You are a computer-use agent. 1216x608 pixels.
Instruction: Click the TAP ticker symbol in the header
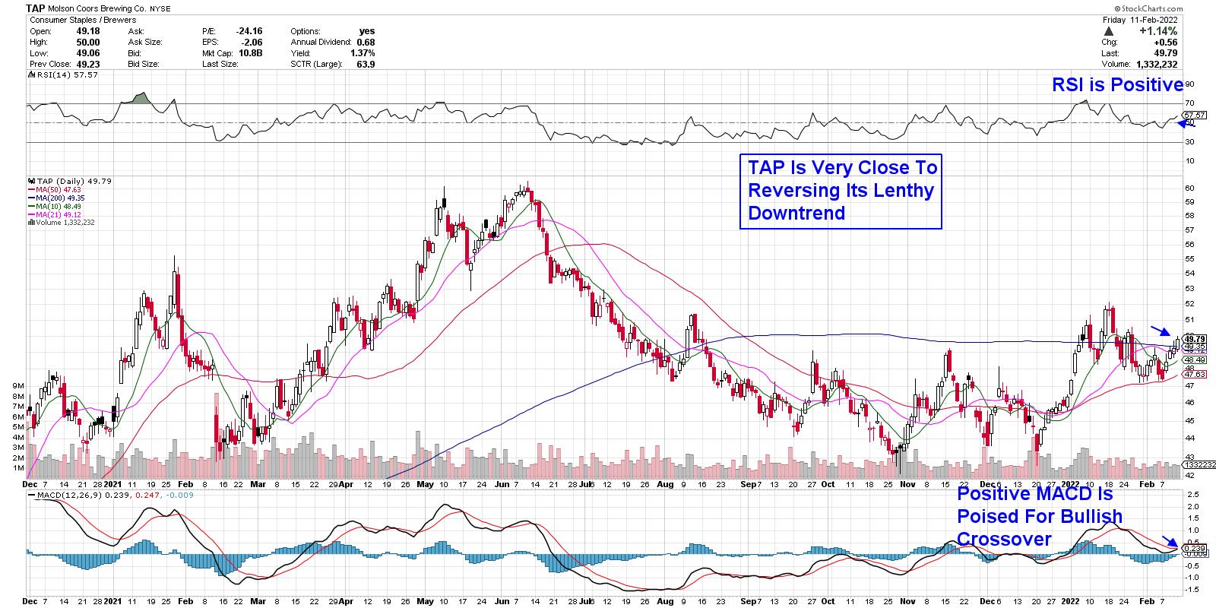(34, 8)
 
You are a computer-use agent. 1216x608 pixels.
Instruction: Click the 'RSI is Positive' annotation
(1117, 85)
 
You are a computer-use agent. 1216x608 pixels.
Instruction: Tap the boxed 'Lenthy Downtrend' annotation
(841, 190)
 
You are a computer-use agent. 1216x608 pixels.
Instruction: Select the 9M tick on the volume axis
(18, 386)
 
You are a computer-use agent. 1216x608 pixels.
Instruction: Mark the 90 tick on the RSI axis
(1189, 84)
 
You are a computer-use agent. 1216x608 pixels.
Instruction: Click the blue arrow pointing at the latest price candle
(1160, 330)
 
